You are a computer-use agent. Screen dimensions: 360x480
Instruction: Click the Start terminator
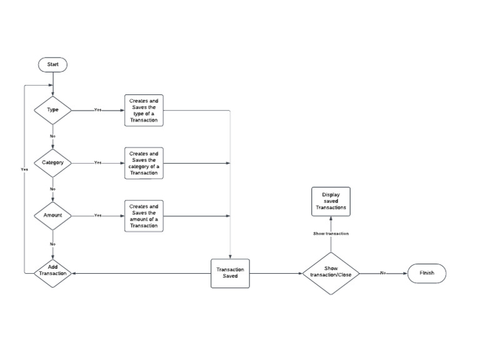click(x=52, y=64)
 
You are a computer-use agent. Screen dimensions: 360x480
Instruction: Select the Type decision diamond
click(x=52, y=110)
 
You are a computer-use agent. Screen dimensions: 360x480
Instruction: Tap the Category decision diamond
click(x=52, y=162)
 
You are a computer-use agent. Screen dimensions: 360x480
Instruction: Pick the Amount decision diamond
click(x=52, y=216)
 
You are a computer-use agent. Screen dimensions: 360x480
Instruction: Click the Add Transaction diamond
click(x=52, y=273)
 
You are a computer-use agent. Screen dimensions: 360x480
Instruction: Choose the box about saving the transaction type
click(x=144, y=110)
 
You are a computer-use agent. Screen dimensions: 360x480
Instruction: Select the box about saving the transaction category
click(x=144, y=163)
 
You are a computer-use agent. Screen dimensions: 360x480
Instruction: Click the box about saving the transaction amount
click(x=144, y=216)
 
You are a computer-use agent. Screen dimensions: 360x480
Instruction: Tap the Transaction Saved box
click(x=230, y=273)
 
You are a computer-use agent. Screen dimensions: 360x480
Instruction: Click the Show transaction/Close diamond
click(x=331, y=273)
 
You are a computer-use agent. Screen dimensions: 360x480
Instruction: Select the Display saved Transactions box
click(x=331, y=201)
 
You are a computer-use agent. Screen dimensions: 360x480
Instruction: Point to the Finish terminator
click(x=427, y=273)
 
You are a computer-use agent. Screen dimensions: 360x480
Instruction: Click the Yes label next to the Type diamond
click(x=97, y=110)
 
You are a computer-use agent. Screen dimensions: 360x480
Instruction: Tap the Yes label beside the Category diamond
click(x=97, y=162)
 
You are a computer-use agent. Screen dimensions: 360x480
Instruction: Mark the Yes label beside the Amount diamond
click(x=97, y=216)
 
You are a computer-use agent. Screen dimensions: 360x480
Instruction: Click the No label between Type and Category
click(x=52, y=136)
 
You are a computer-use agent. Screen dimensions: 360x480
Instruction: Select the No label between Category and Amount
click(x=52, y=189)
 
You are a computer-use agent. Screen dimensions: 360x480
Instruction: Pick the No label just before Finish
click(x=383, y=273)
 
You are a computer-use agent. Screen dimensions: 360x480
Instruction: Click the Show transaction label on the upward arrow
click(x=331, y=233)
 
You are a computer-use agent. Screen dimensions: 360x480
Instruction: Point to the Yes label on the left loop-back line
click(x=24, y=169)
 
